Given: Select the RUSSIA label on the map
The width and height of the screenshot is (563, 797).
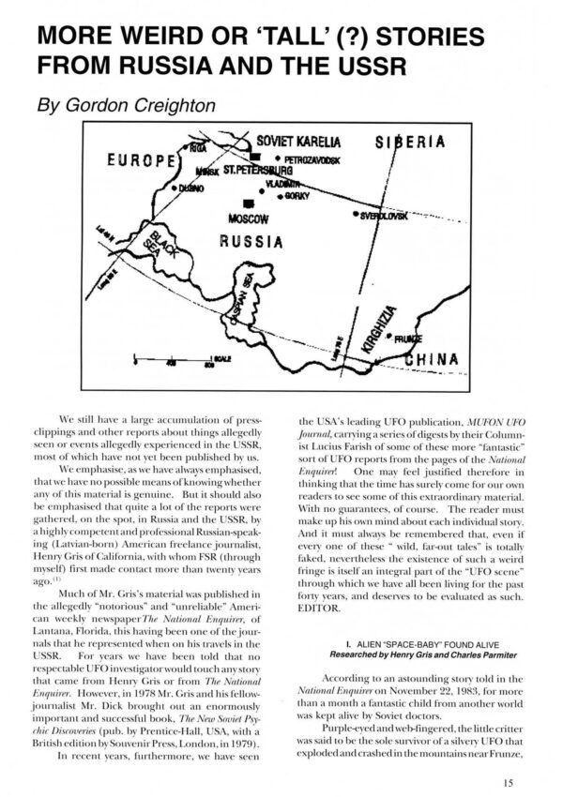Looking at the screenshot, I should [251, 241].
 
